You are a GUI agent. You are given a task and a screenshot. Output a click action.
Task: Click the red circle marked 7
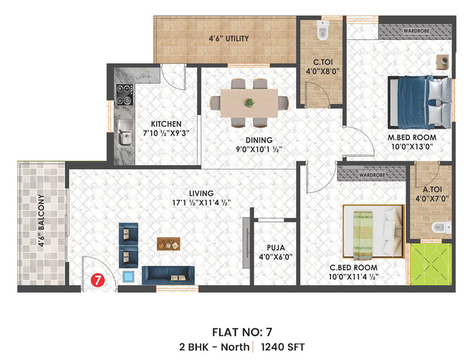(98, 280)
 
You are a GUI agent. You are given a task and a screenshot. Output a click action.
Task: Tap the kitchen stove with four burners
(124, 94)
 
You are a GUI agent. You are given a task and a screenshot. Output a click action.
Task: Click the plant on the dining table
(249, 103)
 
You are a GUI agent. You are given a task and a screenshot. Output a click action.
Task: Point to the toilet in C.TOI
(322, 32)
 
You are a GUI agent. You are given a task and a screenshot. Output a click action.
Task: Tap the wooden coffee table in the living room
(169, 243)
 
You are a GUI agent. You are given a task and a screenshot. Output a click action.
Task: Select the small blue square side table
(129, 277)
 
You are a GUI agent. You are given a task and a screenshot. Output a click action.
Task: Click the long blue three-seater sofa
(169, 275)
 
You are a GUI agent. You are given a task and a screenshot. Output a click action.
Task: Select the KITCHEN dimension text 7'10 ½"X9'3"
(166, 133)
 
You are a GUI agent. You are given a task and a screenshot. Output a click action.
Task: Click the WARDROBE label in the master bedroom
(416, 31)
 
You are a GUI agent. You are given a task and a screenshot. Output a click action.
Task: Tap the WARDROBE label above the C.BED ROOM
(371, 175)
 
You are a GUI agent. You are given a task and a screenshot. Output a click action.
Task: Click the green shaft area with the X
(430, 263)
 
